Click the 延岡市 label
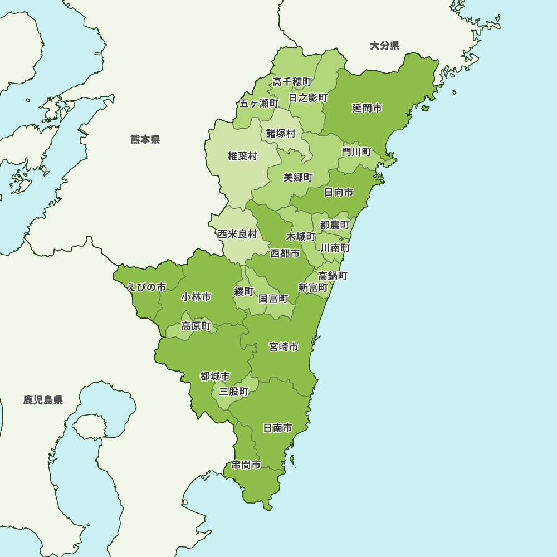click(367, 108)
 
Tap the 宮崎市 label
click(284, 347)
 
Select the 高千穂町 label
click(292, 82)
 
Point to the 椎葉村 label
click(242, 156)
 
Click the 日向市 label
click(339, 192)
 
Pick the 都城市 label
click(215, 377)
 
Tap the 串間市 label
click(246, 465)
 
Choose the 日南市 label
click(277, 428)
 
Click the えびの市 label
click(146, 287)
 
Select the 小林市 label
click(196, 297)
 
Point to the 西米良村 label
click(237, 234)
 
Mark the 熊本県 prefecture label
click(145, 139)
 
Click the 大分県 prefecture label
click(385, 46)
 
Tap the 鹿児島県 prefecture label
click(43, 400)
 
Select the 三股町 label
click(233, 392)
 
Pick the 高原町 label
click(196, 326)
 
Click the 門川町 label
click(356, 152)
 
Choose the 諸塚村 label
click(281, 133)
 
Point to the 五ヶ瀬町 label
click(259, 103)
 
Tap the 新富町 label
click(313, 287)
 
